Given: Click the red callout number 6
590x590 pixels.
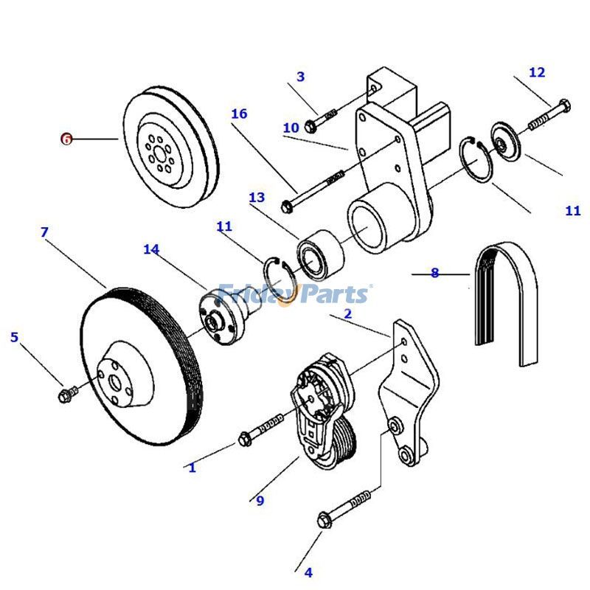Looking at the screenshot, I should [x=66, y=139].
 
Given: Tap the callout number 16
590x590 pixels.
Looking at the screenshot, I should [x=238, y=114].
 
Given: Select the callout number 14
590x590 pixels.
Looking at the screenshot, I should [x=151, y=250].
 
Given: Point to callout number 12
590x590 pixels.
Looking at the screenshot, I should [x=537, y=72].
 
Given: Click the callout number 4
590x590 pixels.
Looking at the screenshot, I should [x=308, y=572].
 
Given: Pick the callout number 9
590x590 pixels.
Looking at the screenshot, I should [x=260, y=501].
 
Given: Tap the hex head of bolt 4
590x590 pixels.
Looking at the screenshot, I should [x=324, y=520].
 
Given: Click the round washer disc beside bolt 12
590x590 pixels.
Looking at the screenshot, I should [x=506, y=140].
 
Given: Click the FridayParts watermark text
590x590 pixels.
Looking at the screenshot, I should [x=295, y=294].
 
